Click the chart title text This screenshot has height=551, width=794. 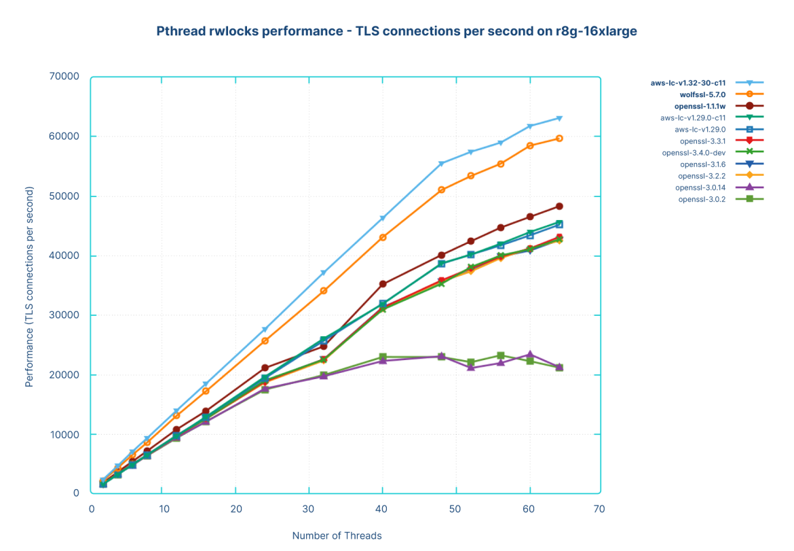396,31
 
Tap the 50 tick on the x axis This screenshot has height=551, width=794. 456,508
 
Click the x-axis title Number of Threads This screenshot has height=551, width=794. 337,535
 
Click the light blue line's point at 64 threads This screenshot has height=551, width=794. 559,118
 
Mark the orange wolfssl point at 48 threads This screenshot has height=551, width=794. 442,190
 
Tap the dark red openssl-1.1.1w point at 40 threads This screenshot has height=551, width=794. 383,284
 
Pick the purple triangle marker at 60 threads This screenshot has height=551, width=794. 530,355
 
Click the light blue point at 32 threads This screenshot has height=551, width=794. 324,272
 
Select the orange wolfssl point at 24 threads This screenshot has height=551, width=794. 265,340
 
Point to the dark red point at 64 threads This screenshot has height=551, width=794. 559,206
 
